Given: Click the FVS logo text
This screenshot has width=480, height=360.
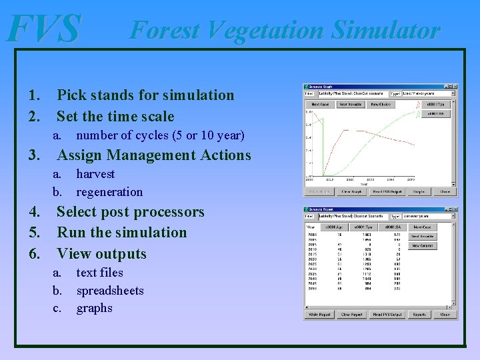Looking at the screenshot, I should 44,30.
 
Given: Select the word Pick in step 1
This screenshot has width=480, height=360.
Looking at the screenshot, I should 71,95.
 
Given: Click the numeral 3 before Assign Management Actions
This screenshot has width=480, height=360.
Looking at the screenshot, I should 31,155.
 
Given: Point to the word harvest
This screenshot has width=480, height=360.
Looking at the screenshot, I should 95,174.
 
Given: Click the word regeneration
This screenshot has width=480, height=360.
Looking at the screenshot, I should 109,192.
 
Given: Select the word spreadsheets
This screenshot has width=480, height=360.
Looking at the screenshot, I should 110,291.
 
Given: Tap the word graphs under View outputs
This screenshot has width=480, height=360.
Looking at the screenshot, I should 94,308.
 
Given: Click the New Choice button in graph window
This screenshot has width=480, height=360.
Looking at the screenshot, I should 381,105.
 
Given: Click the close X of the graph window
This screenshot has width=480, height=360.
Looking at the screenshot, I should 455,86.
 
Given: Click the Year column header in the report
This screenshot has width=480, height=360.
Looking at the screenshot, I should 312,227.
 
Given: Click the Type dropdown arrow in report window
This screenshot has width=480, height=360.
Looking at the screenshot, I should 453,215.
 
